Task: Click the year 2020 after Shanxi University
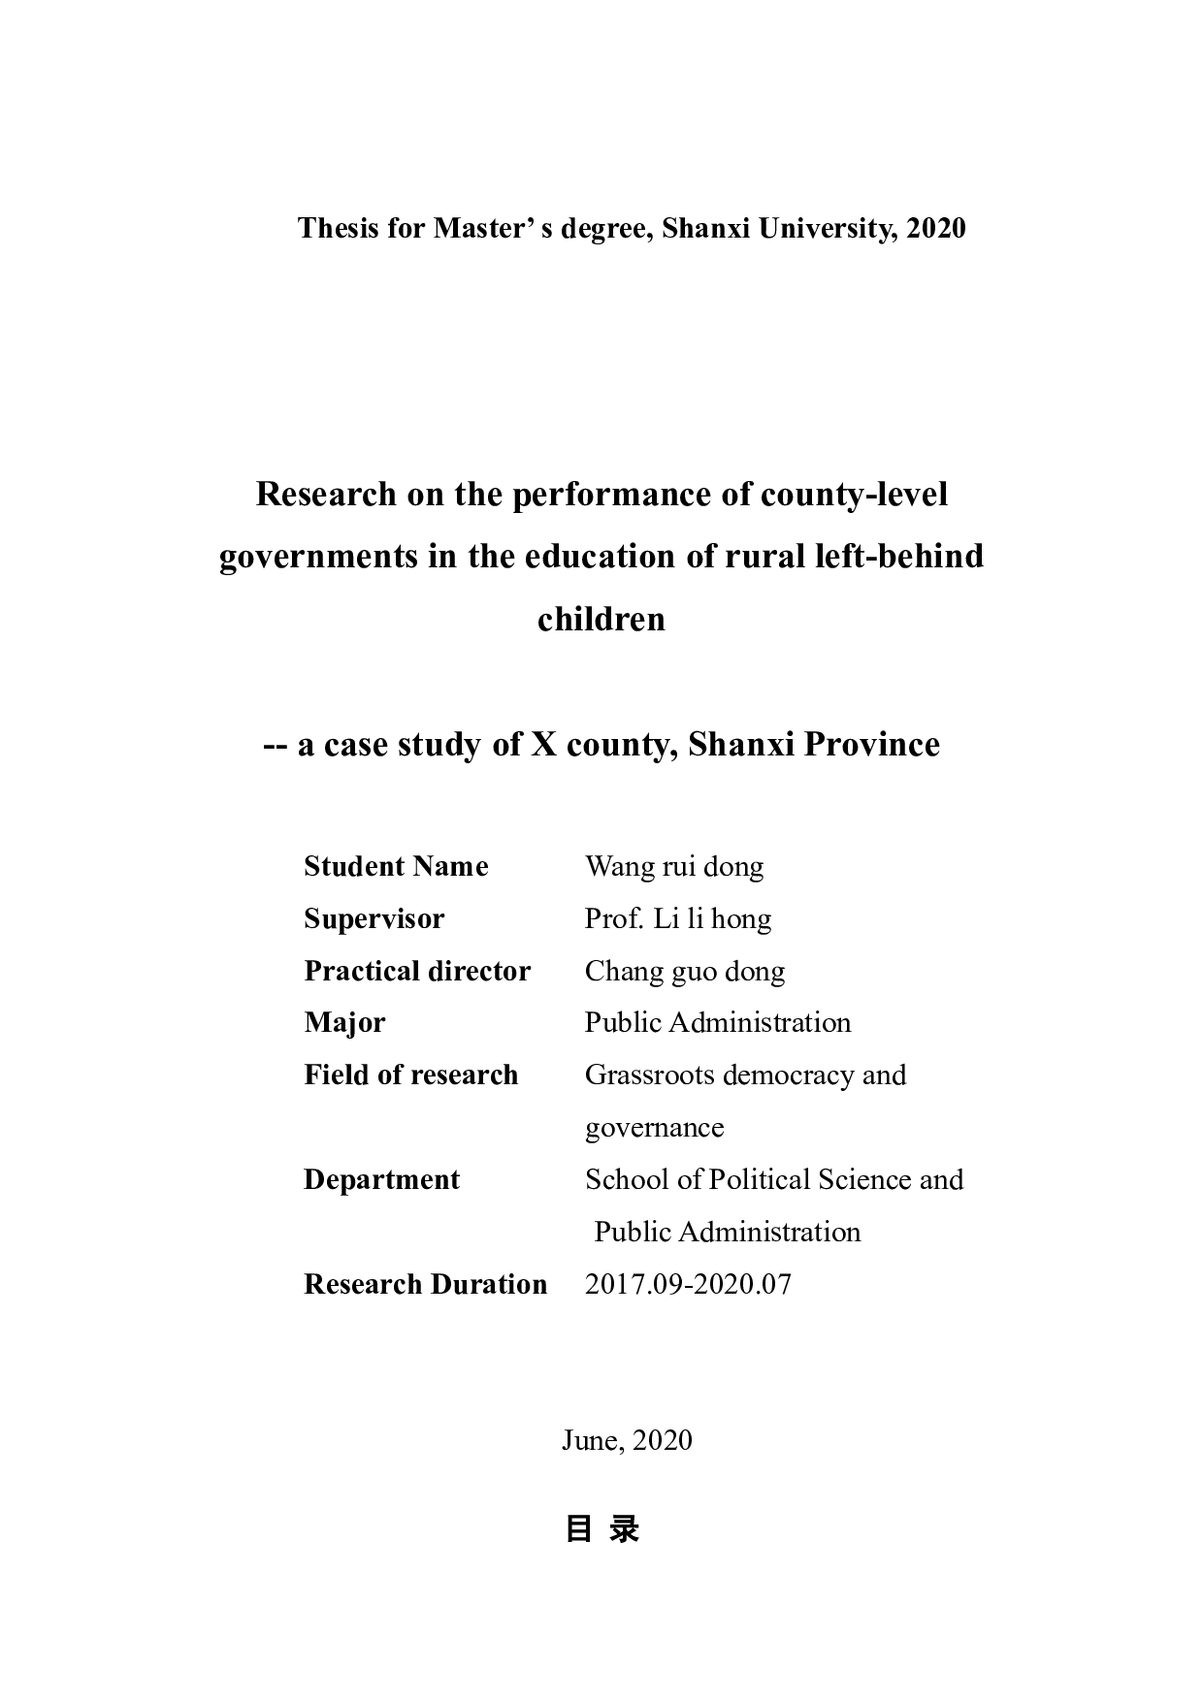tap(936, 228)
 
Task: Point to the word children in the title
tap(601, 619)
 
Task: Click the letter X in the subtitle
tap(541, 745)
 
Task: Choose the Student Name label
tap(396, 866)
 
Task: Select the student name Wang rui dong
tap(674, 866)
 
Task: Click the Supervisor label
tap(374, 918)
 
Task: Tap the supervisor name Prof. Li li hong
tap(678, 918)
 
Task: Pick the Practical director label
tap(417, 971)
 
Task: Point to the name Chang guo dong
tap(685, 971)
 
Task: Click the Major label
tap(344, 1023)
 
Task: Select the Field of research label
tap(410, 1075)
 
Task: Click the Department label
tap(381, 1179)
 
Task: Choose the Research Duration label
tap(425, 1284)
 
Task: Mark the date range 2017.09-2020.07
tap(688, 1284)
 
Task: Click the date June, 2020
tap(627, 1440)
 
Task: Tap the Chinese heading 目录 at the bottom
tap(601, 1529)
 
